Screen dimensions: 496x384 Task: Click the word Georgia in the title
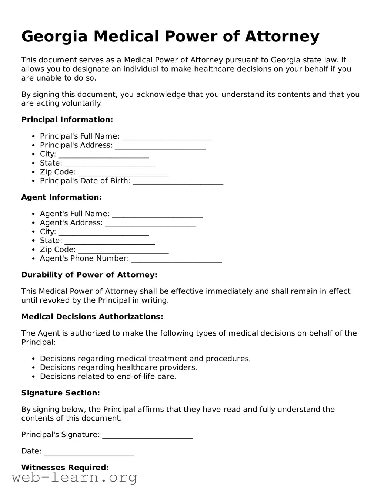coord(54,37)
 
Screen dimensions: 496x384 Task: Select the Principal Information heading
coord(67,120)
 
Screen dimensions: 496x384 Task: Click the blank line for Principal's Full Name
coord(167,137)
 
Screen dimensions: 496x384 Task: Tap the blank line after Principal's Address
coord(160,146)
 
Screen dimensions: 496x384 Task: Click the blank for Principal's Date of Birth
coord(178,182)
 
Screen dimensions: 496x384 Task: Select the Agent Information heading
coord(61,197)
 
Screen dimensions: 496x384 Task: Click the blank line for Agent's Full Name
coord(157,215)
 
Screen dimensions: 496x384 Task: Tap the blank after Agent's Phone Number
coord(177,259)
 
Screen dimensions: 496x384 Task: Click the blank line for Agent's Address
coord(150,224)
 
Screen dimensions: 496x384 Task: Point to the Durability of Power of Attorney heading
coord(89,275)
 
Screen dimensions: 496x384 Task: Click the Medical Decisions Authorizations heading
coord(92,317)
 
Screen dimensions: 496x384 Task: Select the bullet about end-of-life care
coord(108,377)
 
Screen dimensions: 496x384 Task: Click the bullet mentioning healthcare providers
coord(118,368)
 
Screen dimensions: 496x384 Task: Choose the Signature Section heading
coord(60,393)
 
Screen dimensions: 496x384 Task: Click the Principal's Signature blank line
coord(147,436)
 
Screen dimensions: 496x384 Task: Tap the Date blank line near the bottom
coord(89,452)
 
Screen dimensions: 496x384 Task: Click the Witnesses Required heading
coord(65,468)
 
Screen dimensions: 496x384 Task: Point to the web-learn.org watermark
coord(74,478)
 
